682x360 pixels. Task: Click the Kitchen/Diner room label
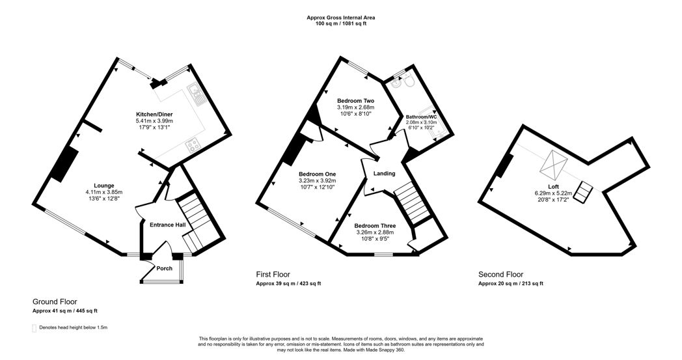(154, 113)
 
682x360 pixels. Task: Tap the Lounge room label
(103, 184)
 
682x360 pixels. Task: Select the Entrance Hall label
(167, 225)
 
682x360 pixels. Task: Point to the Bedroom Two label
(355, 101)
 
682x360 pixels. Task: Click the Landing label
(385, 173)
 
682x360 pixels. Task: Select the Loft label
(553, 186)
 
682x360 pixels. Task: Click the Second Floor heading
(500, 274)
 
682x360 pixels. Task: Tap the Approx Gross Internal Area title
(341, 18)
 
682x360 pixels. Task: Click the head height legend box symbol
(34, 327)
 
